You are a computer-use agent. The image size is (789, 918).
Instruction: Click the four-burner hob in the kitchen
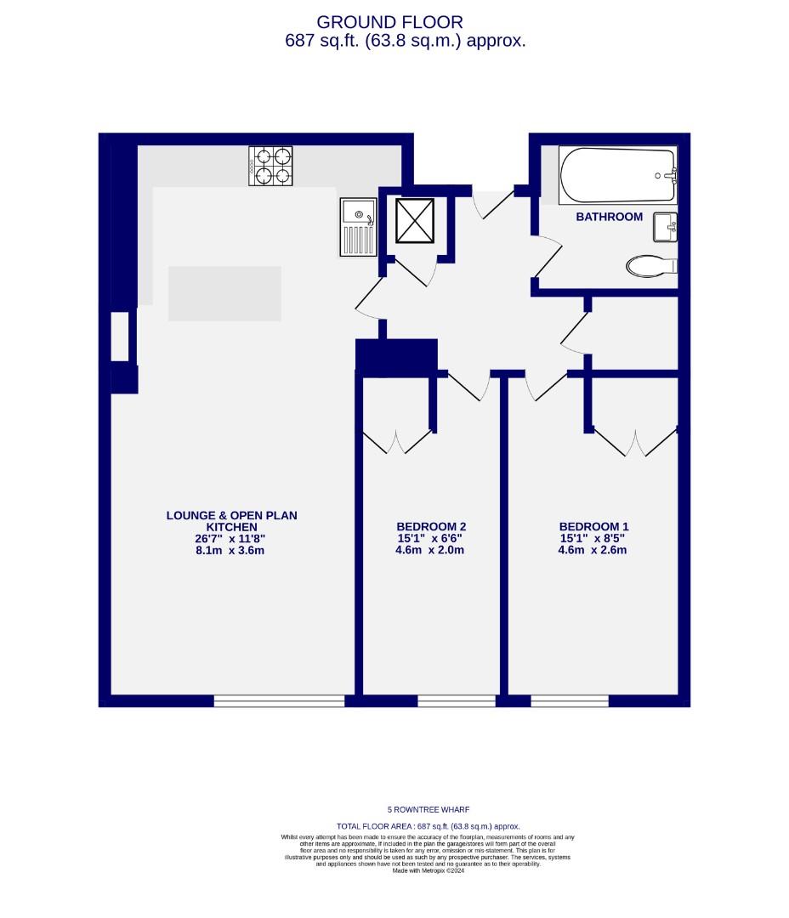(x=271, y=166)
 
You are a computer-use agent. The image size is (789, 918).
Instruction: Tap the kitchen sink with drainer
(x=358, y=226)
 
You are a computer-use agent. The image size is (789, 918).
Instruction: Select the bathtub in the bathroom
(x=617, y=176)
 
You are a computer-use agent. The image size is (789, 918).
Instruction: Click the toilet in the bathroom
(x=651, y=266)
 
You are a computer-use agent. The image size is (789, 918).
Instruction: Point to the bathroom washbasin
(x=665, y=227)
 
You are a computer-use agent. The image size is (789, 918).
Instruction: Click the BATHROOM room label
(x=609, y=217)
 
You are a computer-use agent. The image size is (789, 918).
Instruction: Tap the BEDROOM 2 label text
(x=431, y=526)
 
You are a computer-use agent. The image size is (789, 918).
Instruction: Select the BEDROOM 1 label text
(x=593, y=526)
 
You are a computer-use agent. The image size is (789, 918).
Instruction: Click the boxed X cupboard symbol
(x=415, y=220)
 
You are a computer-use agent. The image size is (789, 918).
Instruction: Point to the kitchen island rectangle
(x=224, y=293)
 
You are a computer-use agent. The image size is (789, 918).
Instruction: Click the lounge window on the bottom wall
(x=279, y=701)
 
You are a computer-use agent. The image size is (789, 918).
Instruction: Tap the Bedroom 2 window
(x=456, y=701)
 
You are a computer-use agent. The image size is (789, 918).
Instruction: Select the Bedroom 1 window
(x=570, y=701)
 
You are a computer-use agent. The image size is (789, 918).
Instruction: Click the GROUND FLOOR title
(x=390, y=22)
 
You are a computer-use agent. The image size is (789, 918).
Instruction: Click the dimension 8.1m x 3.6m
(x=231, y=550)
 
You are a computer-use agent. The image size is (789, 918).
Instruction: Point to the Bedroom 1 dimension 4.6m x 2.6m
(x=593, y=550)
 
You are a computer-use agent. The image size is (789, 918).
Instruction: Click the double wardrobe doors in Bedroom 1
(x=635, y=440)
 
